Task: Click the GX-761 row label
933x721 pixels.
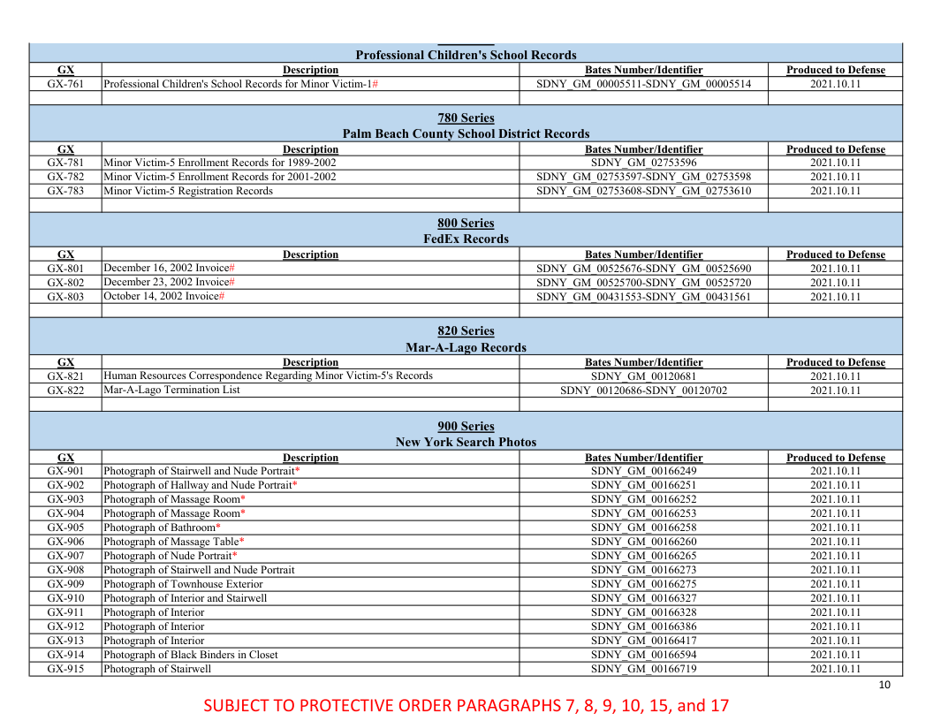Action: [65, 84]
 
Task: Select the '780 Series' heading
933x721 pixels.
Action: [466, 118]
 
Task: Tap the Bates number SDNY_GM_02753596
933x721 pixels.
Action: [643, 163]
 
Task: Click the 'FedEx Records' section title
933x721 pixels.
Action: [466, 239]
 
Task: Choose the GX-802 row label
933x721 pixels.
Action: [65, 283]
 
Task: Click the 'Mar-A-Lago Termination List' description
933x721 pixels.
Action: [171, 390]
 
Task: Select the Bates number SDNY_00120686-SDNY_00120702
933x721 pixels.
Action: [643, 391]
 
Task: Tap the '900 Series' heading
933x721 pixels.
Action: [466, 426]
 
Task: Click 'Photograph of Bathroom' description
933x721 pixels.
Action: [159, 527]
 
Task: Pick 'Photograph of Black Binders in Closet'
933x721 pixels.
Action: [191, 655]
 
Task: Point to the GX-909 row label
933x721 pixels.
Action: [65, 584]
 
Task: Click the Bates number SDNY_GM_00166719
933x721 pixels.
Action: [643, 669]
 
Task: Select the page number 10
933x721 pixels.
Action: [884, 686]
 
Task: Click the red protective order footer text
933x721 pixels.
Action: [466, 705]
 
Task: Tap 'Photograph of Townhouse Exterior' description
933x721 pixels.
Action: [183, 584]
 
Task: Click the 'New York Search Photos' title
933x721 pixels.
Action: [466, 442]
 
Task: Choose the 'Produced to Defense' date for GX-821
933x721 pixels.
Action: [835, 376]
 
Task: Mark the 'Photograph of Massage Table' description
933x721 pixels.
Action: [171, 542]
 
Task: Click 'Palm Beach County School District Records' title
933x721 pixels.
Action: [466, 133]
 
